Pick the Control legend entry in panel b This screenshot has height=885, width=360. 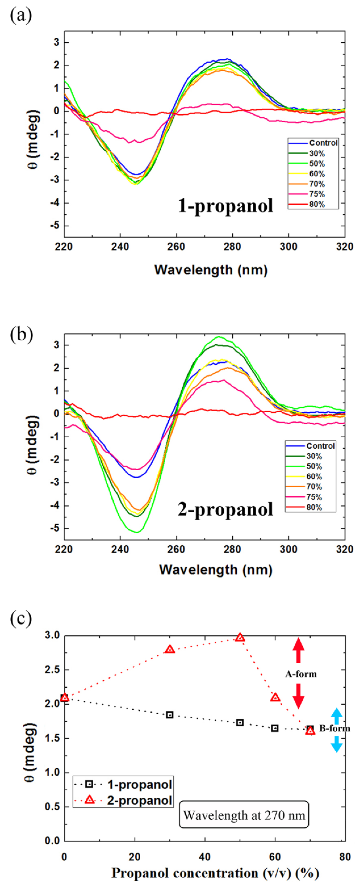point(320,446)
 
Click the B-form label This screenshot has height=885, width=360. point(335,728)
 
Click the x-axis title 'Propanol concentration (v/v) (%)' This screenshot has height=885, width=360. point(215,873)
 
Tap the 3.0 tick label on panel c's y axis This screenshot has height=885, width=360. point(52,636)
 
